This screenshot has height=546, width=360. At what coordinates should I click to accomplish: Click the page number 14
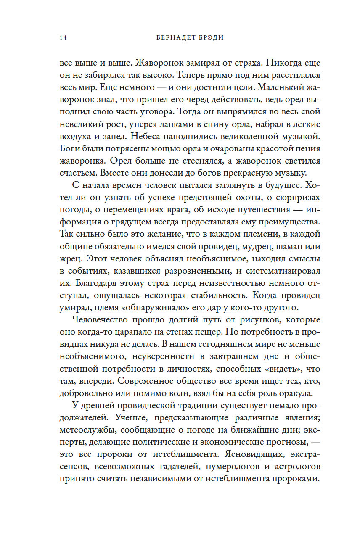click(x=63, y=37)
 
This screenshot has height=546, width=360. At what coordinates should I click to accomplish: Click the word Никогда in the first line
click(x=279, y=64)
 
